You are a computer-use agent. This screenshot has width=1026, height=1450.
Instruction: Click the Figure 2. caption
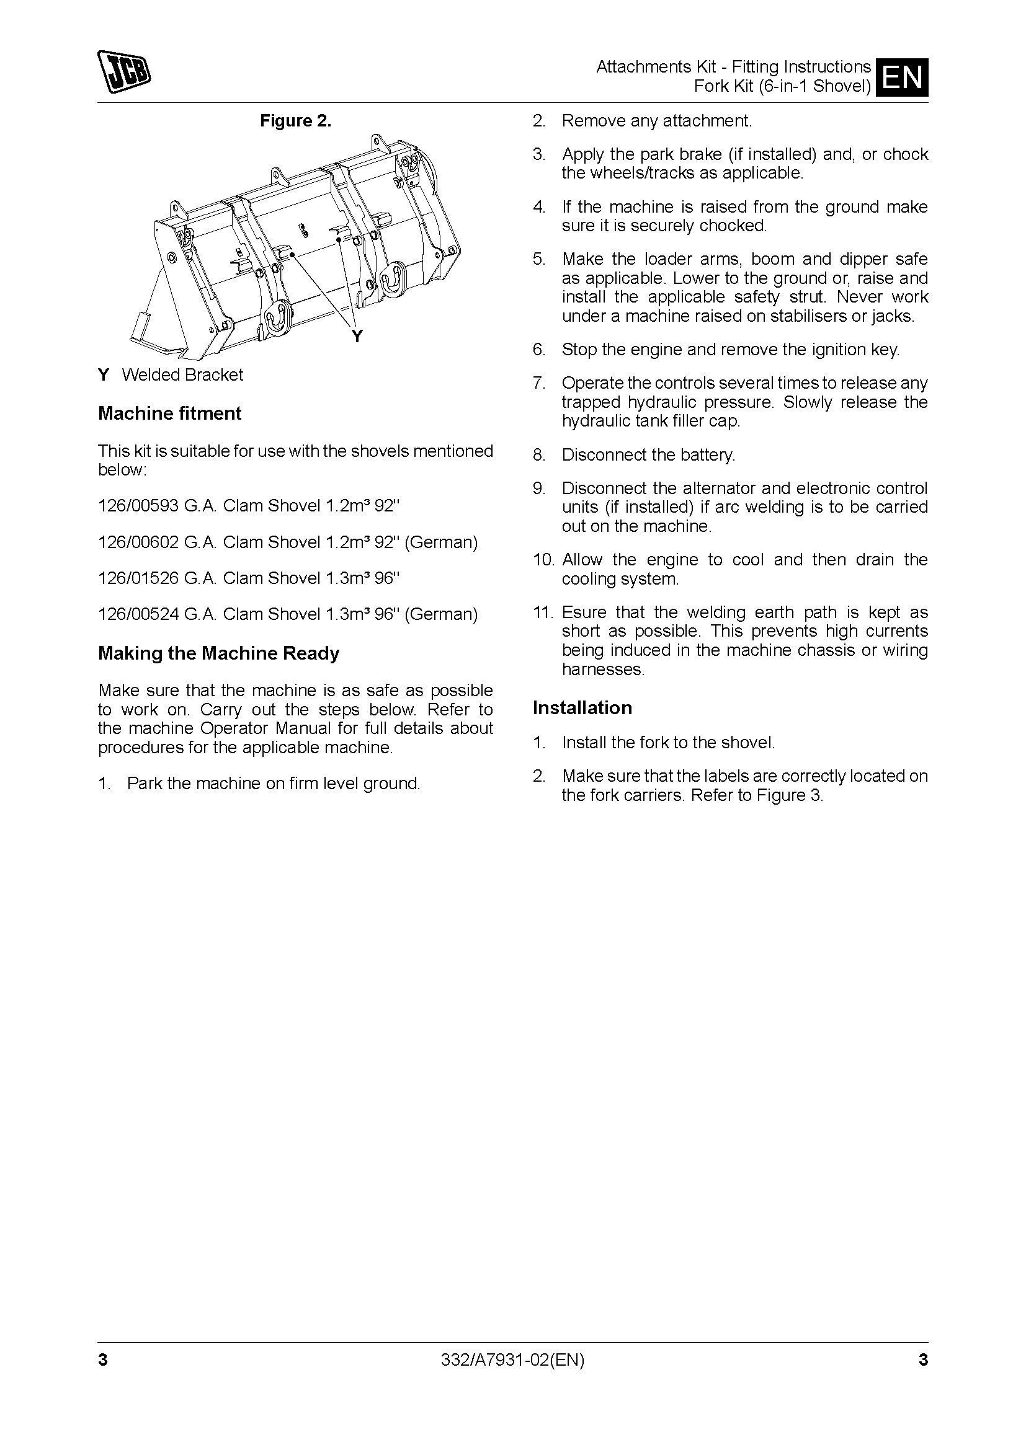pos(296,121)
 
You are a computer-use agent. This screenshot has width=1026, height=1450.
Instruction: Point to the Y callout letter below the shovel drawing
pos(357,337)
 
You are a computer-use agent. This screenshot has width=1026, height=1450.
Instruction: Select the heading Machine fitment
pos(169,413)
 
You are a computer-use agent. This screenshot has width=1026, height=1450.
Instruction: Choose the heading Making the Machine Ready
pos(218,653)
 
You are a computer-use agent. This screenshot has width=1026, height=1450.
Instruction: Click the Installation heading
pos(582,708)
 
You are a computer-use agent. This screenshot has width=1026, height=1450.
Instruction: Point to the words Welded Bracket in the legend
pos(182,374)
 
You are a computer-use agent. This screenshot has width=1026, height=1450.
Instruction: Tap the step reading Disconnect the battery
pos(648,454)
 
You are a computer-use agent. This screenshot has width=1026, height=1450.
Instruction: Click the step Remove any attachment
pos(656,121)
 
